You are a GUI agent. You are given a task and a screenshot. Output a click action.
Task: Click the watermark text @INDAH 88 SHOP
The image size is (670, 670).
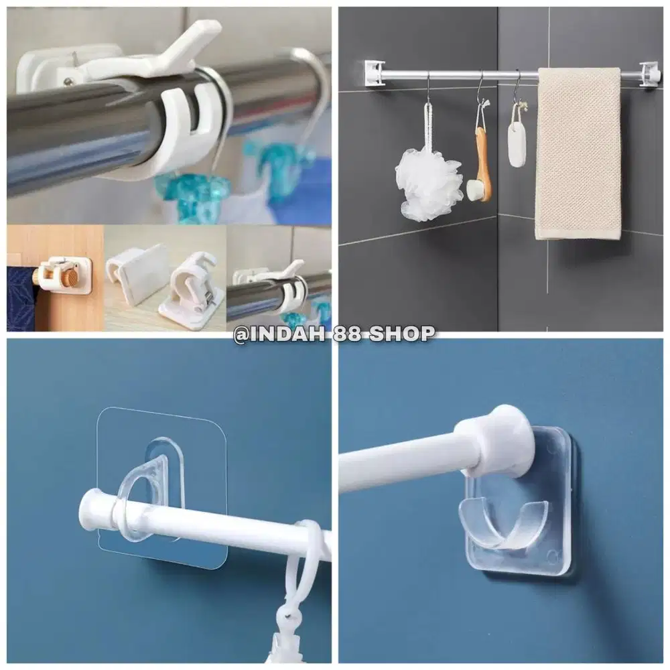tap(334, 334)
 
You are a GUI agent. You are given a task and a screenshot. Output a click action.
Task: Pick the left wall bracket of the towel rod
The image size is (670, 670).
tap(375, 73)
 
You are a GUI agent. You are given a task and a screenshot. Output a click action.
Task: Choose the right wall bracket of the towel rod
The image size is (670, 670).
tap(649, 74)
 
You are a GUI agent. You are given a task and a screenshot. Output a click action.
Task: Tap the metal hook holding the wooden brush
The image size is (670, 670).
tap(480, 90)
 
